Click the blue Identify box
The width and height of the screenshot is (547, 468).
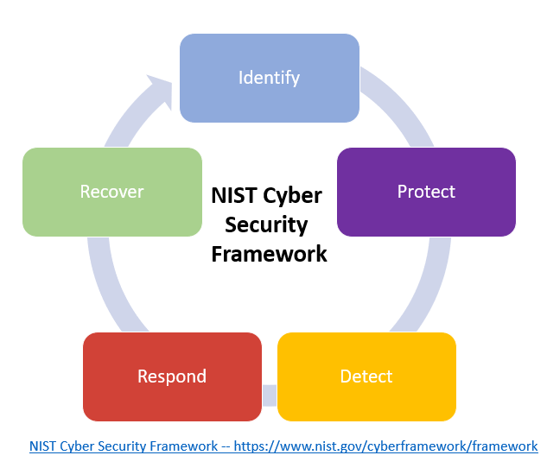coord(270,78)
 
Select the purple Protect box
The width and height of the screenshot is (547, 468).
coord(426,192)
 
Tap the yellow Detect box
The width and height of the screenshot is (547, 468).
coord(366,376)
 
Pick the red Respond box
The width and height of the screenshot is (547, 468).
coord(172,376)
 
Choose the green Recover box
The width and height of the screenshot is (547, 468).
coord(112,192)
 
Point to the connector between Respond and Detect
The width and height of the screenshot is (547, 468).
coord(270,395)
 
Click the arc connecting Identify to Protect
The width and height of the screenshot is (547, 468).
coord(401,104)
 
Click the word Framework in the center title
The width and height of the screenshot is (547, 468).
coord(269,254)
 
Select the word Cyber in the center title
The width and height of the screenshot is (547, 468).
coord(292,196)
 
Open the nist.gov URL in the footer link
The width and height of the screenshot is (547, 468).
coord(385,446)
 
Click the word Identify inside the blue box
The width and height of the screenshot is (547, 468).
coord(269,78)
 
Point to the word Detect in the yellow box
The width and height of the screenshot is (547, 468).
coord(366,376)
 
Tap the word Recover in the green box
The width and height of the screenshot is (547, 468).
coord(112,192)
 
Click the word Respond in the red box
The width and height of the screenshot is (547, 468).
coord(172,377)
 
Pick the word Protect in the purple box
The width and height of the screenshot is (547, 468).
coord(426,192)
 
